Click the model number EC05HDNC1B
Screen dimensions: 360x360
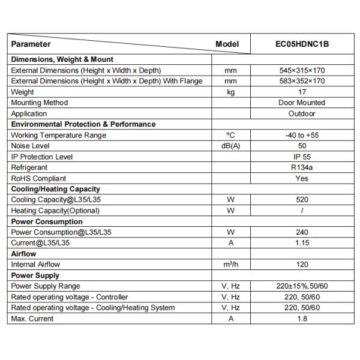coord(302,44)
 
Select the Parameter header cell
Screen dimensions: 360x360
coord(31,44)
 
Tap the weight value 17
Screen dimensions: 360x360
coord(302,92)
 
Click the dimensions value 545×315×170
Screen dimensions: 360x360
coord(302,71)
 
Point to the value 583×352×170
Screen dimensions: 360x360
coord(302,82)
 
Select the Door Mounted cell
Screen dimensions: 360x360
coord(302,103)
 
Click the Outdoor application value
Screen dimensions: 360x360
coord(302,114)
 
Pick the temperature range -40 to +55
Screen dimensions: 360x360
coord(302,136)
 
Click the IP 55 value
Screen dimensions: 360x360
coord(302,157)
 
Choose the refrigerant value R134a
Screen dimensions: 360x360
coord(302,168)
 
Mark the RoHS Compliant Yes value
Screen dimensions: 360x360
coord(302,179)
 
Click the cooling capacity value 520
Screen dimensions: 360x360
coord(302,200)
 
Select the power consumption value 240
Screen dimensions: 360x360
coord(302,232)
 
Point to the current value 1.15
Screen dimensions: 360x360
coord(302,243)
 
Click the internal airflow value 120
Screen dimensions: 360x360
coord(302,265)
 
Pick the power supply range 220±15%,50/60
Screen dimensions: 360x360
coord(302,286)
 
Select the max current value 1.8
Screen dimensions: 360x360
coord(302,319)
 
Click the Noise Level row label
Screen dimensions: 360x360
coord(31,146)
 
